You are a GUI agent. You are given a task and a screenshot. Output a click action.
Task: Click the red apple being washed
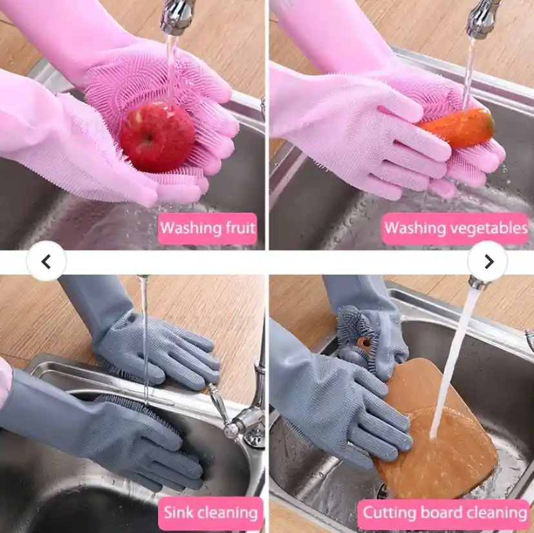pyautogui.click(x=157, y=137)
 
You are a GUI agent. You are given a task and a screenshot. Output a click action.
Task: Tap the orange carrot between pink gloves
pyautogui.click(x=457, y=128)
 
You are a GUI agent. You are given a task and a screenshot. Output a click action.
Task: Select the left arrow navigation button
pyautogui.click(x=46, y=262)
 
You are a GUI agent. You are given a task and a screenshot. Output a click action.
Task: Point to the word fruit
pyautogui.click(x=239, y=227)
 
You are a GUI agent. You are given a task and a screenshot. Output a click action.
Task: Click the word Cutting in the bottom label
pyautogui.click(x=390, y=512)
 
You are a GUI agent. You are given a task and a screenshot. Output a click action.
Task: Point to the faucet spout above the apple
pyautogui.click(x=177, y=17)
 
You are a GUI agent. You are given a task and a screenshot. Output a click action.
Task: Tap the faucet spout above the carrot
pyautogui.click(x=480, y=19)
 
